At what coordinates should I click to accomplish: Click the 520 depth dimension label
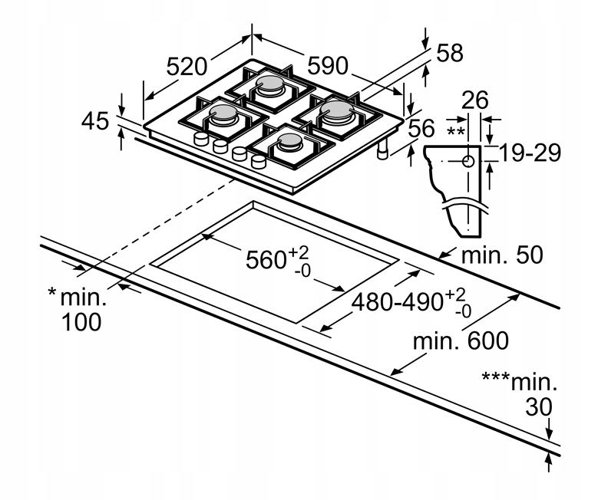187,66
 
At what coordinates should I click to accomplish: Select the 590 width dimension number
328,65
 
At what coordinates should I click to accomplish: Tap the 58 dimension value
450,53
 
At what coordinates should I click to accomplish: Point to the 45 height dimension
95,121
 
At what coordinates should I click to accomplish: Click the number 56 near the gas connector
421,128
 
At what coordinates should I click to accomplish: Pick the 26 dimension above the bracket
475,100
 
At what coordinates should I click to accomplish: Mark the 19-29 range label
530,153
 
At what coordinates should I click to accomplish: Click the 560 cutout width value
266,260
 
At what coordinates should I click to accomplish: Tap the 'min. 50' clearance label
502,255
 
